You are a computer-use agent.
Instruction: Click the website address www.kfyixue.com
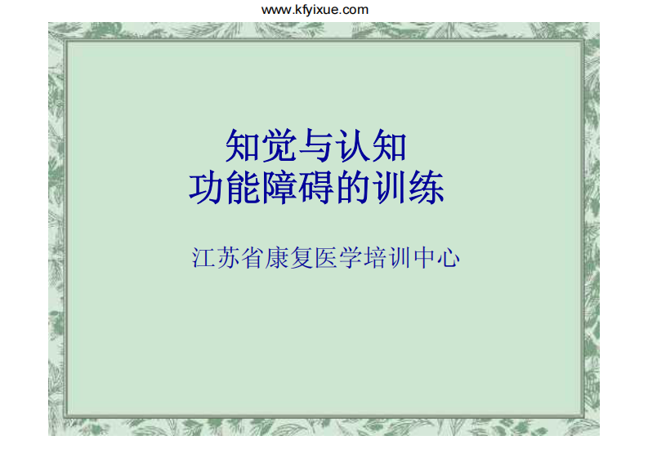(x=315, y=10)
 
